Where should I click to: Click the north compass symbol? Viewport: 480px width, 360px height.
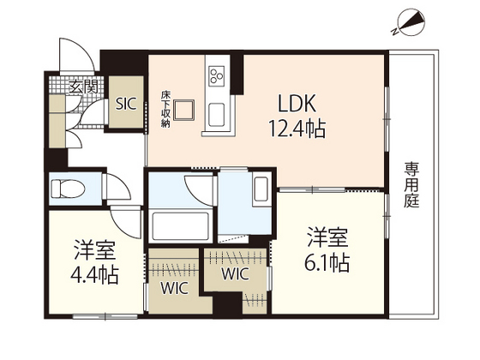click(x=411, y=22)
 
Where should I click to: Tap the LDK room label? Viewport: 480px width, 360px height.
click(x=297, y=104)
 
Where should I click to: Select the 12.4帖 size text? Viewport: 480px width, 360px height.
click(x=297, y=129)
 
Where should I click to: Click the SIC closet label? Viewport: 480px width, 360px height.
click(x=126, y=104)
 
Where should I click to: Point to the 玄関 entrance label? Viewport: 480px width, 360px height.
click(x=83, y=87)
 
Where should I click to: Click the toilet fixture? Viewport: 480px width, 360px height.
click(x=68, y=189)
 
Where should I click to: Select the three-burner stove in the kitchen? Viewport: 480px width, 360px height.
click(x=216, y=75)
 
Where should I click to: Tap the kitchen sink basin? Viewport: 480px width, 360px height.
click(x=216, y=115)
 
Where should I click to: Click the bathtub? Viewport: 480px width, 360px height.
click(x=181, y=226)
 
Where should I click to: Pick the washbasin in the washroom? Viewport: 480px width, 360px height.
click(x=261, y=189)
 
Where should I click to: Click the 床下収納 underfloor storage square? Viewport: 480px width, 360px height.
click(x=184, y=110)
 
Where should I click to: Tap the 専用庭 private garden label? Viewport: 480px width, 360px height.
click(x=411, y=185)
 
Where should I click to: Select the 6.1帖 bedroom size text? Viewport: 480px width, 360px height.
click(x=327, y=262)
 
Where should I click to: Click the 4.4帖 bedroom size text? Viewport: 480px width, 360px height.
click(x=94, y=274)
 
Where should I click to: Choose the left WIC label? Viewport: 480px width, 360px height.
click(x=174, y=288)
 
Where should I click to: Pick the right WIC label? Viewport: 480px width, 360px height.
click(x=235, y=274)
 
